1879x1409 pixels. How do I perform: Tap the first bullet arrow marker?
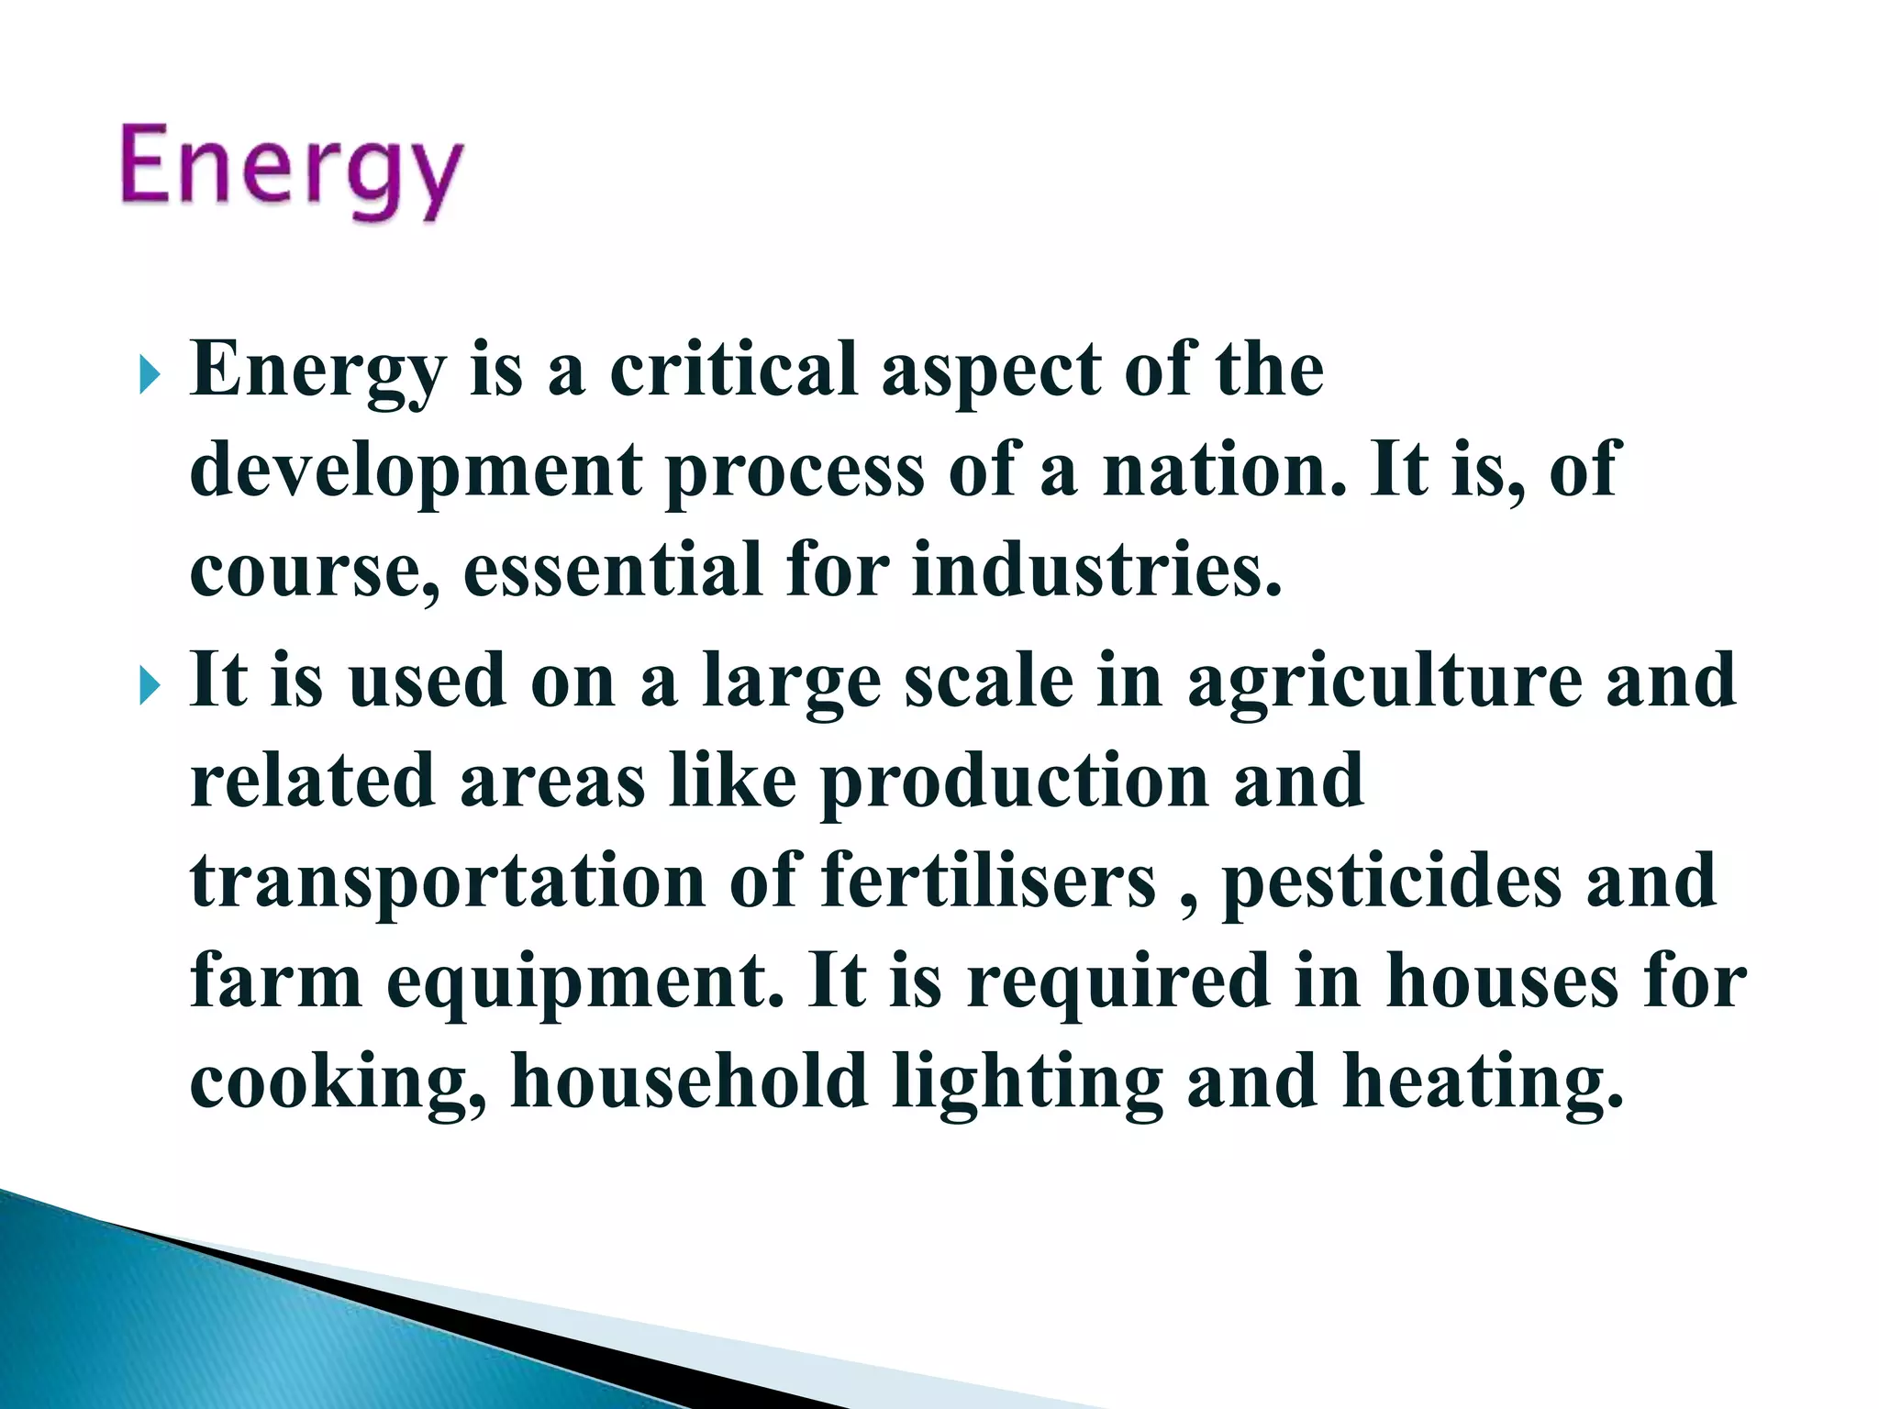150,375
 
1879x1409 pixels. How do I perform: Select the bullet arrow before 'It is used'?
150,685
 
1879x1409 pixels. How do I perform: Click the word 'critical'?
733,370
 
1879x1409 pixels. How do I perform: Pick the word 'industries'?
1095,570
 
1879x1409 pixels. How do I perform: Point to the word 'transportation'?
448,881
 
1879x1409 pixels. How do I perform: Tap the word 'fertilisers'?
988,881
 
